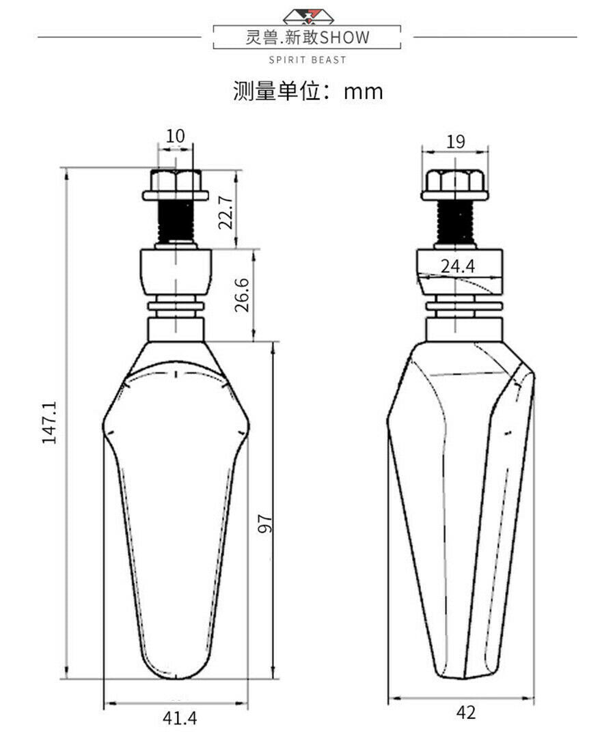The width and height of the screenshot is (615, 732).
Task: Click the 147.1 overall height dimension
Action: coord(49,422)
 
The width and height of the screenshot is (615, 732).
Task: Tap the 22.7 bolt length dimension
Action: coord(226,212)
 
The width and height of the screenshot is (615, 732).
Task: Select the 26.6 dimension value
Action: coord(242,295)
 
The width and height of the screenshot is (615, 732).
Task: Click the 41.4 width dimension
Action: coord(180,718)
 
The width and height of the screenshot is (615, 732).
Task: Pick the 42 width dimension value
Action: coord(466,712)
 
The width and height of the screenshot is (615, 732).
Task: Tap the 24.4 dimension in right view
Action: coord(458,266)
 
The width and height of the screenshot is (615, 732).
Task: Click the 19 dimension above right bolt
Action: coord(456,141)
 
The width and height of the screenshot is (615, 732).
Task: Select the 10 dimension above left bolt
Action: coord(176,137)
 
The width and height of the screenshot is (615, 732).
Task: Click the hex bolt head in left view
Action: coord(176,185)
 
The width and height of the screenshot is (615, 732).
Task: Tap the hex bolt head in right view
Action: coord(455,185)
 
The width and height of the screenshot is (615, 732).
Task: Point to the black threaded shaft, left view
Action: coord(176,222)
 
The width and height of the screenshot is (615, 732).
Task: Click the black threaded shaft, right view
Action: coord(456,223)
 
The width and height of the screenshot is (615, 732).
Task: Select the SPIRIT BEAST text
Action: coord(307,60)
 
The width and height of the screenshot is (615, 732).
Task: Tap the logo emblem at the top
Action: coord(307,17)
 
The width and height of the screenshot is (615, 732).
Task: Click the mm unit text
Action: coord(363,91)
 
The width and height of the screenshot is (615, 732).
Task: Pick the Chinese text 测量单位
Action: coord(277,91)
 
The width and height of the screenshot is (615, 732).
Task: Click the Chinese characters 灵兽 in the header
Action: coord(264,38)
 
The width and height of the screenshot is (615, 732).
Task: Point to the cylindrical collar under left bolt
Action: coord(176,272)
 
